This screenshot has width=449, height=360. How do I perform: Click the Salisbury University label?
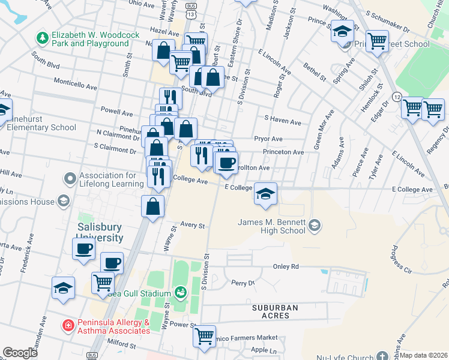pos(100,233)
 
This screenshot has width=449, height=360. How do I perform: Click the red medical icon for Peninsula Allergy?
pos(69,325)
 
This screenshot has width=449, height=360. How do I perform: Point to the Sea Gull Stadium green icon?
pos(179,292)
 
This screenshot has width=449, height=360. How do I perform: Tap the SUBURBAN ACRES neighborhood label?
pos(274,313)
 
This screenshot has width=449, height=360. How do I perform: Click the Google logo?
pos(20,353)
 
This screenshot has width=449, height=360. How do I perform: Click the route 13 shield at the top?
pos(190,14)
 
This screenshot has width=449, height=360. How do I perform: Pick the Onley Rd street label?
pos(286,266)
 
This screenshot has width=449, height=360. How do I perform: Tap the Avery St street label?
pos(193,226)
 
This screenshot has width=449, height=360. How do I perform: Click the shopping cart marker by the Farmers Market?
pos(204,335)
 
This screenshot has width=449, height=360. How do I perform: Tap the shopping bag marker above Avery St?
pos(153,206)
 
